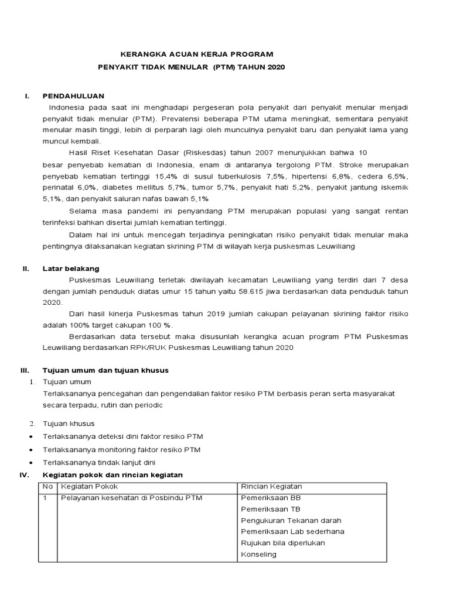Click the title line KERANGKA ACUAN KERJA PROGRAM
point(189,54)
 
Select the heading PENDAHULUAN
point(73,96)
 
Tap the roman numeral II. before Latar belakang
point(26,268)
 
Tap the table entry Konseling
point(258,554)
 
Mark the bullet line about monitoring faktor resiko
point(122,449)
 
